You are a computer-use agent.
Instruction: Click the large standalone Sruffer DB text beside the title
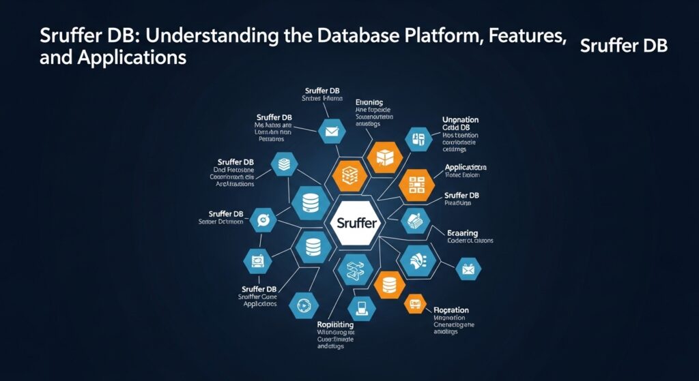(x=623, y=46)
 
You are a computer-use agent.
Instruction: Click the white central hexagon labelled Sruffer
(x=355, y=223)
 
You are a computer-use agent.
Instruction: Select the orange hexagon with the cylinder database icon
(x=390, y=282)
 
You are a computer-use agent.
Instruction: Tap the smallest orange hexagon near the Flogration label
(x=414, y=304)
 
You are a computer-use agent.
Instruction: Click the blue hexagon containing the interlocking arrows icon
(x=355, y=268)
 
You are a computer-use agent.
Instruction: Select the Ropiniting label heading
(x=336, y=324)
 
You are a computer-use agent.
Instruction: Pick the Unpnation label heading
(x=460, y=120)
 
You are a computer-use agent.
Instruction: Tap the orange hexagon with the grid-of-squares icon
(x=417, y=183)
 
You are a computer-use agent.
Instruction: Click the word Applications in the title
(x=113, y=58)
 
